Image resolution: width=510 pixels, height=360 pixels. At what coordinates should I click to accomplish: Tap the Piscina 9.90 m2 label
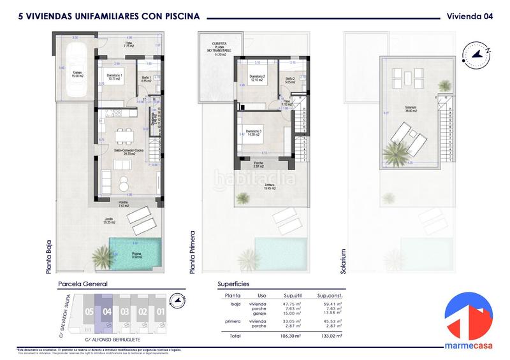137,254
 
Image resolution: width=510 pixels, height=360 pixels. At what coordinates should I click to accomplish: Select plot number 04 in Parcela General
107,312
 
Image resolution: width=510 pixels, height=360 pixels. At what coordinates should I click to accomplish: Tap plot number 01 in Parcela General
161,312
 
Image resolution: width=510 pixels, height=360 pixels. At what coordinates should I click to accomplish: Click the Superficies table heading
234,284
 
